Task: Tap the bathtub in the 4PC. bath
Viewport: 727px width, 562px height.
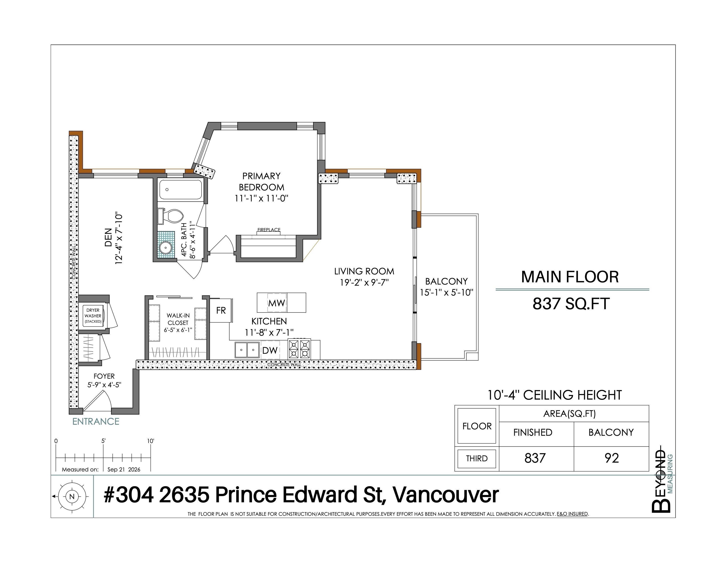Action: tap(180, 190)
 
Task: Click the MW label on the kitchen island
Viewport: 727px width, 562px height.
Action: tap(277, 303)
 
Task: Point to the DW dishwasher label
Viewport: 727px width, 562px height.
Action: tap(270, 350)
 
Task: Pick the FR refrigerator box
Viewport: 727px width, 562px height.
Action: tap(221, 310)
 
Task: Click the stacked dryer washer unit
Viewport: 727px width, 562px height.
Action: tap(93, 316)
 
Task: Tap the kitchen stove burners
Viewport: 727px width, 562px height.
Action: tap(299, 349)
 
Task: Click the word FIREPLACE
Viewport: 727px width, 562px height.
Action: tap(269, 230)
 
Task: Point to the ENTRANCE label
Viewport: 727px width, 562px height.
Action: tap(96, 421)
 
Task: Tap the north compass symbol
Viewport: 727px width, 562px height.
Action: tap(71, 497)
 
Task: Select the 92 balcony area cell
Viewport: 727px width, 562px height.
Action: tap(611, 459)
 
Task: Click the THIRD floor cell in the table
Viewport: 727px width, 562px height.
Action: tap(477, 459)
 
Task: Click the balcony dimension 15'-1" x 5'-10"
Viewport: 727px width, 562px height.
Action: tap(446, 293)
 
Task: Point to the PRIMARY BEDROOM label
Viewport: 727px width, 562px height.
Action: tap(261, 181)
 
